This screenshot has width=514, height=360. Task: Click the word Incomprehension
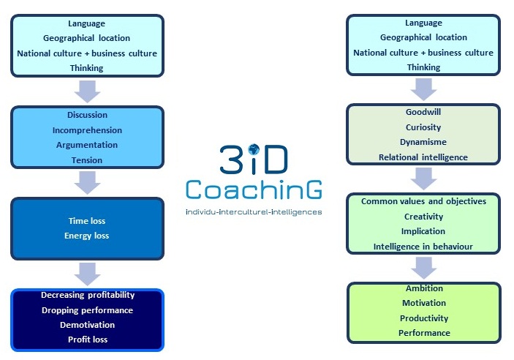87,130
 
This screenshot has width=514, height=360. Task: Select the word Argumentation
87,145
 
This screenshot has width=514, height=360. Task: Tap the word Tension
87,160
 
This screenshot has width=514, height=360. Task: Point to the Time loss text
87,221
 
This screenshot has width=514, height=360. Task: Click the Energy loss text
86,236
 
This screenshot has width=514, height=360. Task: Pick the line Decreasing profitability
88,295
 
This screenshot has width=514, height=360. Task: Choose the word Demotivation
87,325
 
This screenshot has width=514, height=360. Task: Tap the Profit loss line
88,340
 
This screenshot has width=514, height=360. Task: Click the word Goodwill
423,112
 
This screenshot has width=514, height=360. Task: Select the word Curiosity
423,127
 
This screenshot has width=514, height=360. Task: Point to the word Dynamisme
423,142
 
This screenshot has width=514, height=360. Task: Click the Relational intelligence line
423,157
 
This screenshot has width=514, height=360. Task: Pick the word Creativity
423,217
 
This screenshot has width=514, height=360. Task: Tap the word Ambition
424,288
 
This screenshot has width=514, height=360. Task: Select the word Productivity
424,318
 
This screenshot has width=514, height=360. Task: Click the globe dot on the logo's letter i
254,150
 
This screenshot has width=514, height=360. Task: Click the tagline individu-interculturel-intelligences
254,212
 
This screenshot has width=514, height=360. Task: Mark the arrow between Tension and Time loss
87,183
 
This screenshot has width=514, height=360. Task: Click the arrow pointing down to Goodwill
423,89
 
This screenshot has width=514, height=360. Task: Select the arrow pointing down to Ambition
423,268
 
